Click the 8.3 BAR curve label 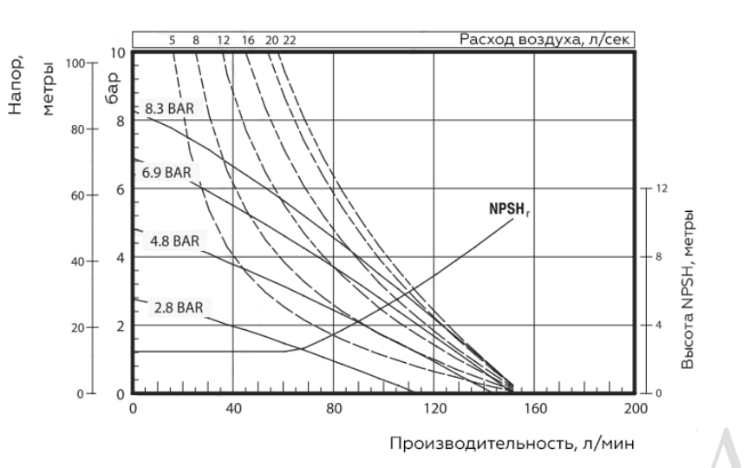click(169, 109)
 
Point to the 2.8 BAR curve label click(179, 307)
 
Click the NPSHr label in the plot click(507, 209)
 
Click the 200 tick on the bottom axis click(635, 408)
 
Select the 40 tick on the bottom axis click(232, 408)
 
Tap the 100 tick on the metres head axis click(75, 63)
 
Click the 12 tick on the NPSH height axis click(662, 188)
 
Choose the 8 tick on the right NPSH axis click(659, 257)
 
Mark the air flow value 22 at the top click(290, 40)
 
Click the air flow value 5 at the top click(173, 40)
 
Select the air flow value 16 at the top click(248, 40)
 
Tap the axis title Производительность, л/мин click(512, 444)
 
